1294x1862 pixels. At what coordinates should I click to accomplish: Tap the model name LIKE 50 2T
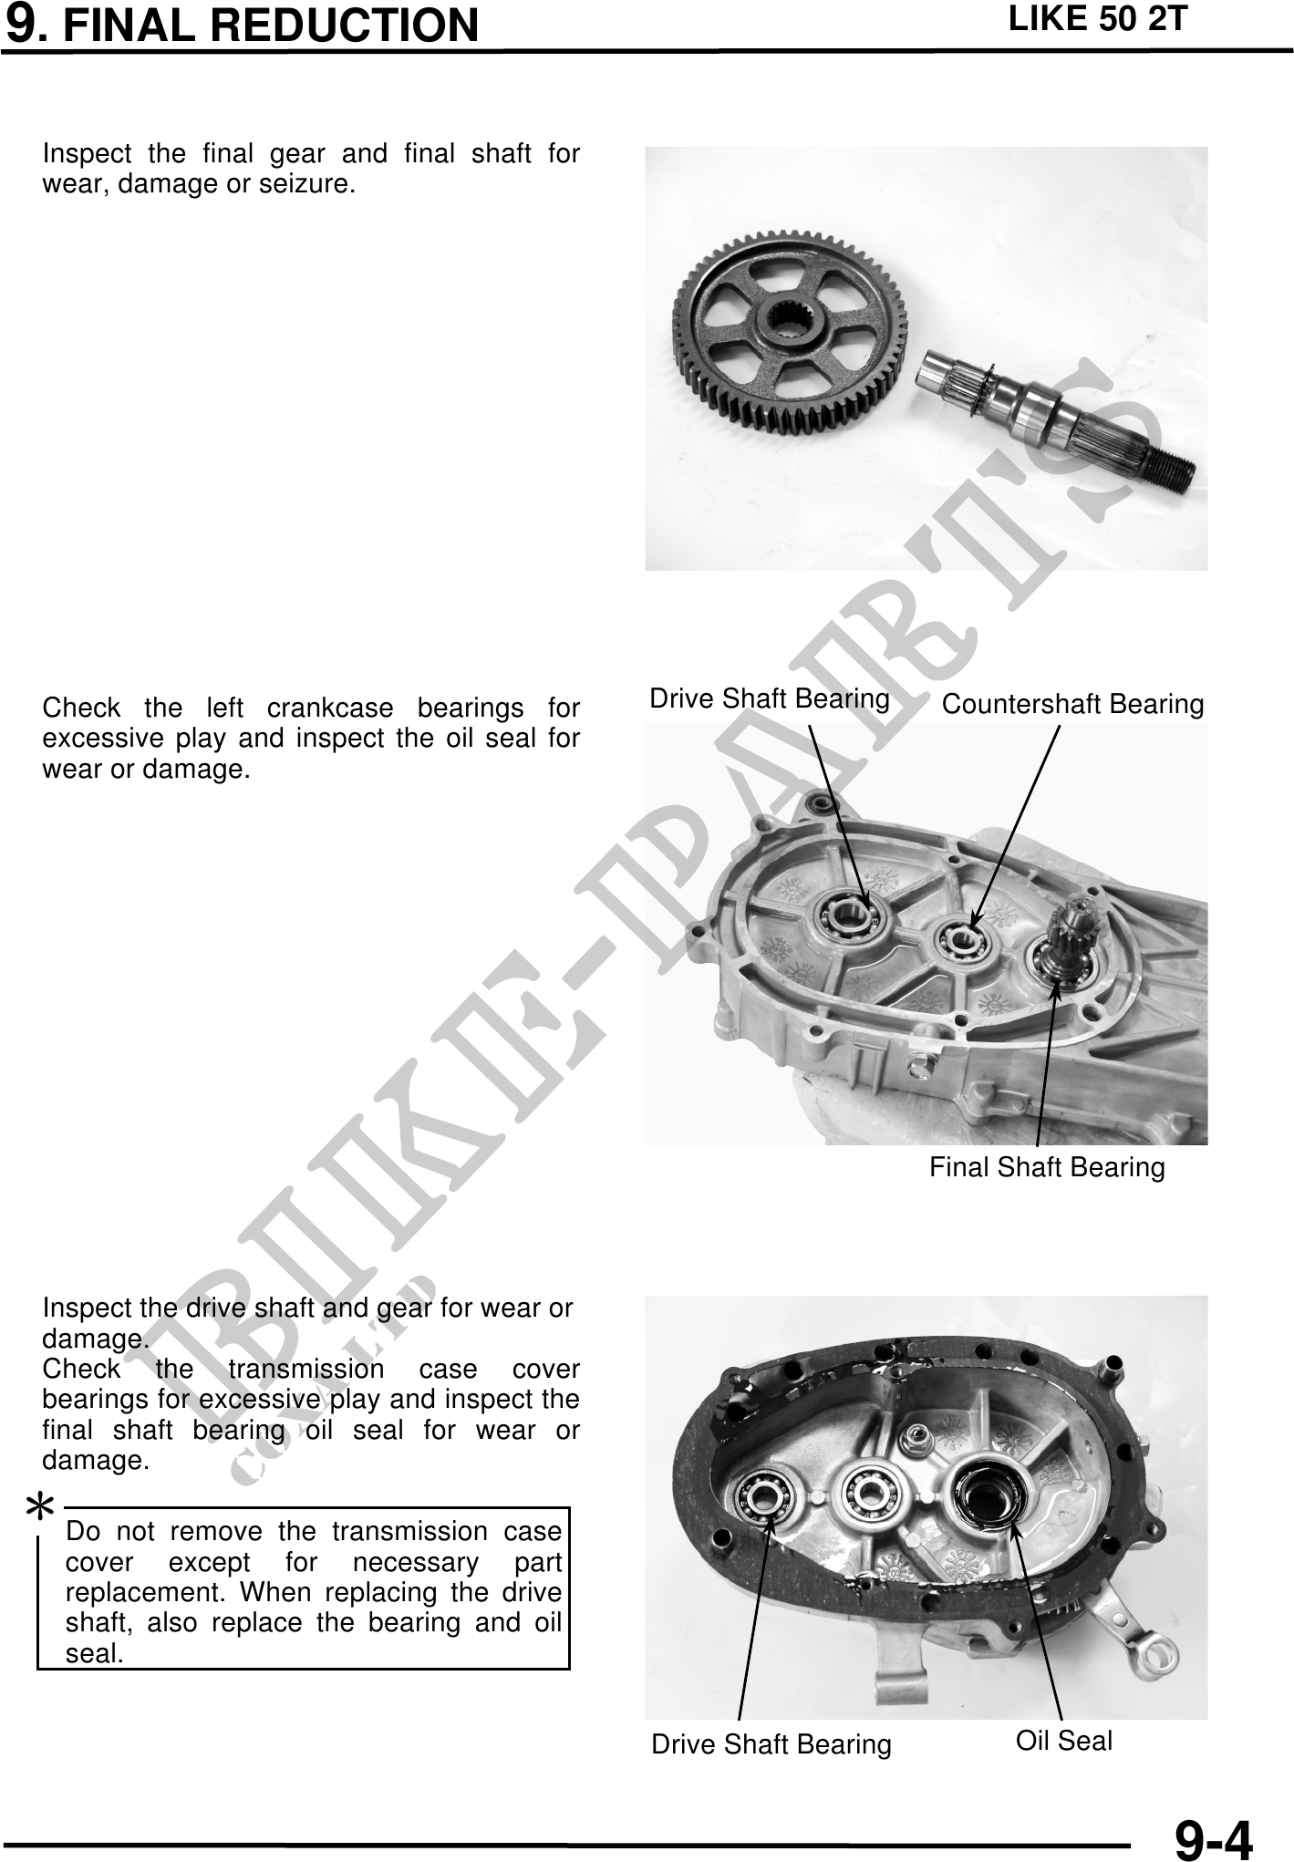pyautogui.click(x=1097, y=19)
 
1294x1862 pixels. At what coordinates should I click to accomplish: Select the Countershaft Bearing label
pyautogui.click(x=1072, y=704)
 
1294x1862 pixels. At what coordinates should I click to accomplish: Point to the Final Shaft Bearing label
pyautogui.click(x=1047, y=1167)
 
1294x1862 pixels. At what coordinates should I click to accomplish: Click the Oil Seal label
pyautogui.click(x=1064, y=1741)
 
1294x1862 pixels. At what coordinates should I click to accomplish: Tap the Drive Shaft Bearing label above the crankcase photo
pyautogui.click(x=770, y=698)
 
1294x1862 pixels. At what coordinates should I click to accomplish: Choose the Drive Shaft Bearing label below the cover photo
pyautogui.click(x=771, y=1744)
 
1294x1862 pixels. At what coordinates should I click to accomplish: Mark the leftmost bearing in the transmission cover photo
pyautogui.click(x=765, y=1499)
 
